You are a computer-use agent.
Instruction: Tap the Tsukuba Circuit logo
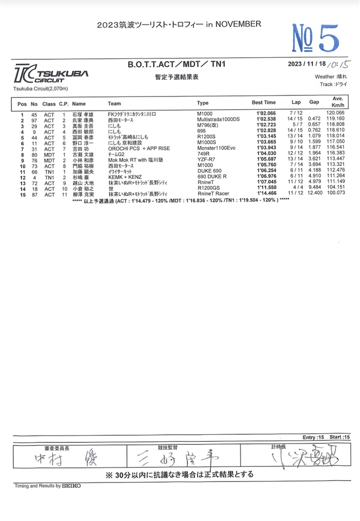51,74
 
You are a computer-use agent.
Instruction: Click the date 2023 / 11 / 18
307,64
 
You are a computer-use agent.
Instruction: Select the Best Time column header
263,103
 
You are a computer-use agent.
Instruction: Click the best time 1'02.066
266,113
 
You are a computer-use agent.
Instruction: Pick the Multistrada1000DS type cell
218,119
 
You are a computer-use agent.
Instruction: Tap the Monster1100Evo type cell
216,148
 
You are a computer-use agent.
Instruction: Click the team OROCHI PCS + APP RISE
139,148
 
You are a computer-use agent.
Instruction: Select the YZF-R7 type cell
206,159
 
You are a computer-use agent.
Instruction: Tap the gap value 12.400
314,194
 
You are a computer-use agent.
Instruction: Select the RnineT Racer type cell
213,194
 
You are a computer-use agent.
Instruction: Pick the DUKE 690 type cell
209,170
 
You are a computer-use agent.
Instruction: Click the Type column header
202,103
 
